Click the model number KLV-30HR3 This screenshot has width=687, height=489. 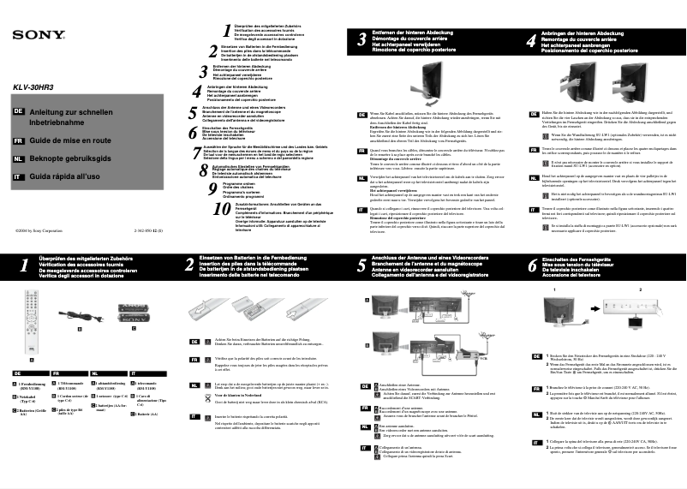pos(33,87)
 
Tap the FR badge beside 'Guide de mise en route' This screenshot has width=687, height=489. pos(18,139)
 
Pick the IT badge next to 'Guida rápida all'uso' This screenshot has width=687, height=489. pos(18,176)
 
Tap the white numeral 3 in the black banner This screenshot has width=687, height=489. pos(361,39)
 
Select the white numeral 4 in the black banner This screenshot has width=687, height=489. pos(532,39)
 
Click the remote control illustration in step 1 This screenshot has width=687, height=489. pos(33,321)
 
